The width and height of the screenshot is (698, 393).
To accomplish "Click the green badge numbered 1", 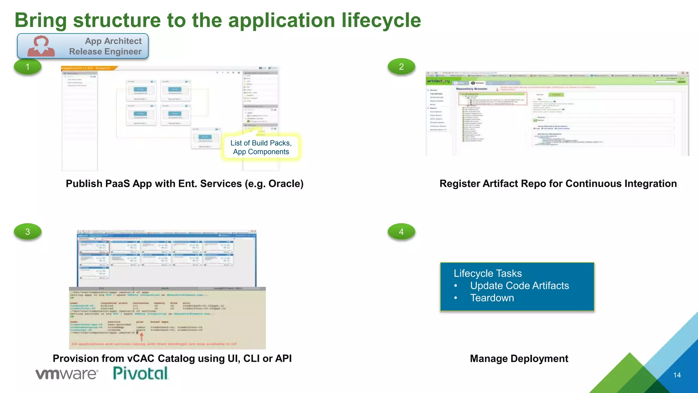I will click(28, 67).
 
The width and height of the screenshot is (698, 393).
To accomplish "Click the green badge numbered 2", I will click(401, 67).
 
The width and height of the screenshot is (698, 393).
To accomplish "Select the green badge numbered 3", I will click(28, 232).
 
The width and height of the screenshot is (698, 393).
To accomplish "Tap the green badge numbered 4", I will click(401, 232).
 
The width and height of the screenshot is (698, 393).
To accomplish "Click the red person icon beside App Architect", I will click(41, 46).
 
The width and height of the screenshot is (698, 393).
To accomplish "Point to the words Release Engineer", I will click(105, 52).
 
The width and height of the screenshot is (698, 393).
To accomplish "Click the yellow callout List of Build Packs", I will click(261, 147).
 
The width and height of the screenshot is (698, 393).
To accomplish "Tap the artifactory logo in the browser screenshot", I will click(438, 81).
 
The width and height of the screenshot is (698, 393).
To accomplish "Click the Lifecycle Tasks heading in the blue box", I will click(487, 273).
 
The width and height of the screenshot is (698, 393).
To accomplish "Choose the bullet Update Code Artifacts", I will click(519, 286).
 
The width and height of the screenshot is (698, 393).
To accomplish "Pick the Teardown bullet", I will click(492, 298).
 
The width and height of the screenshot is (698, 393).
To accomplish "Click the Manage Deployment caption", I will click(519, 359).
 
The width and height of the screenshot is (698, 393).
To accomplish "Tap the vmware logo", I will click(67, 374).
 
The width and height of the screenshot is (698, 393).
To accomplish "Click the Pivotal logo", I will click(140, 373).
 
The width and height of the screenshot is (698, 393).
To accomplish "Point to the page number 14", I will click(677, 375).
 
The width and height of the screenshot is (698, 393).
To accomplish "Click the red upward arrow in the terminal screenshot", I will click(141, 336).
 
